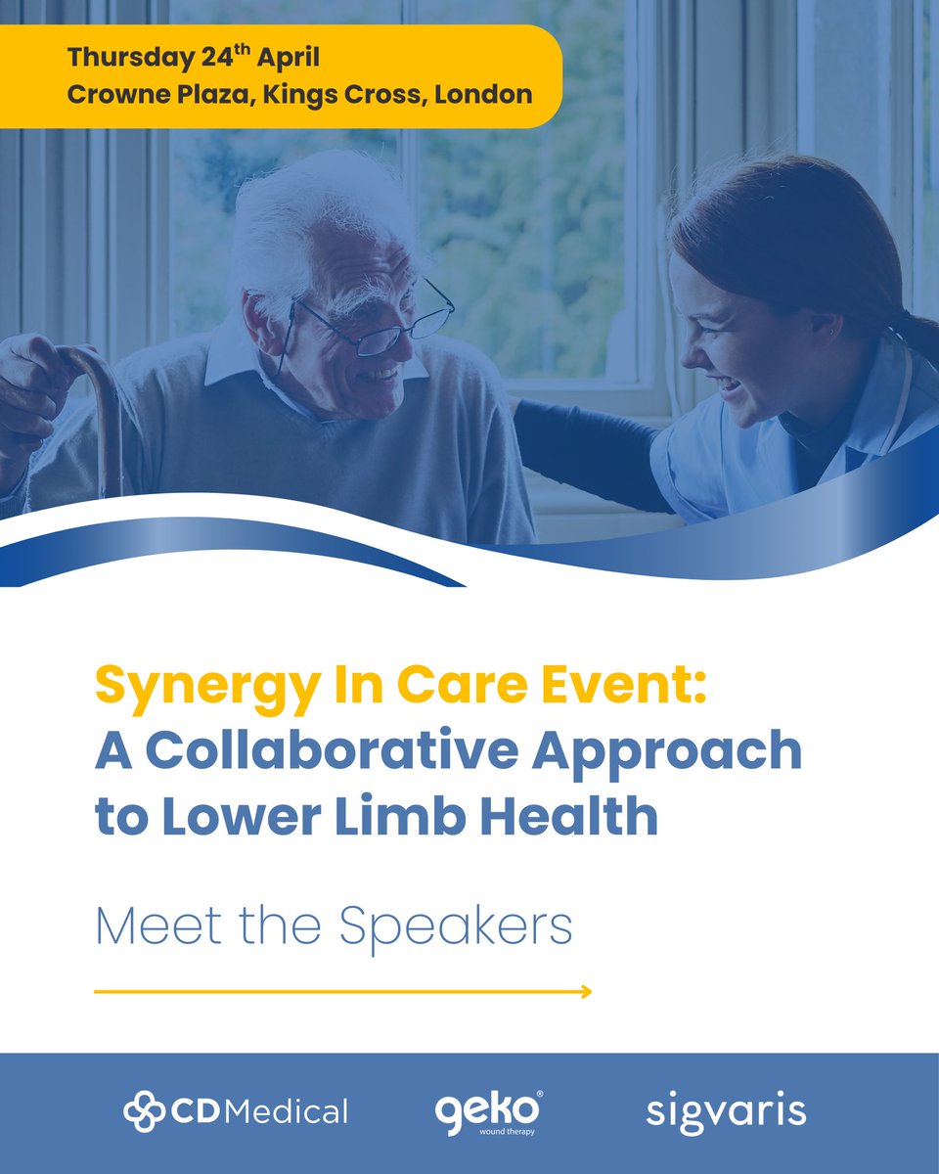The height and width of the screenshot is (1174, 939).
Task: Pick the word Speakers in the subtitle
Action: pyautogui.click(x=457, y=926)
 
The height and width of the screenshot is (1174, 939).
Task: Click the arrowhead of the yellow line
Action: pyautogui.click(x=585, y=992)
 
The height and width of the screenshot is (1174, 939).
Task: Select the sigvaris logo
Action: pyautogui.click(x=726, y=1111)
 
